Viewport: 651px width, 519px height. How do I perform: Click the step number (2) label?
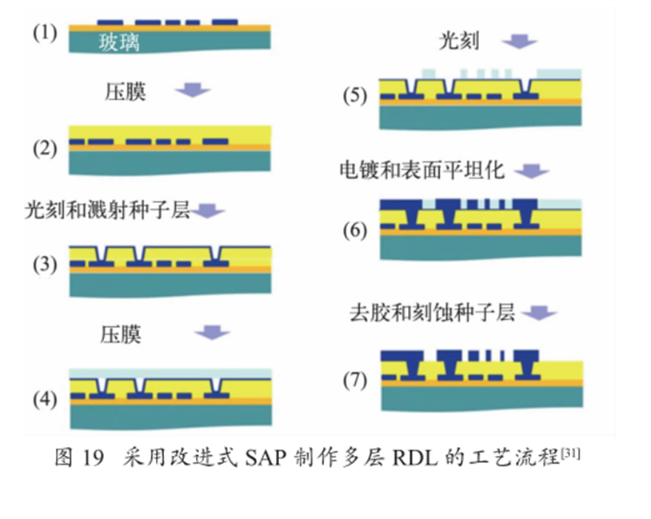[45, 148]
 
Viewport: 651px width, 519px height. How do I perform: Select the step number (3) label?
[45, 264]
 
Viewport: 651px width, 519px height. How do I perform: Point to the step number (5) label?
[354, 96]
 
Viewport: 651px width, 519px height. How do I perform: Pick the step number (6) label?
[354, 231]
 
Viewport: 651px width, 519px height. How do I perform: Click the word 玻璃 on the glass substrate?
[119, 43]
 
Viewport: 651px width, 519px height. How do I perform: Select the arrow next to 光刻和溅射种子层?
[210, 211]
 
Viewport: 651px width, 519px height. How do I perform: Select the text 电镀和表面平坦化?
[421, 170]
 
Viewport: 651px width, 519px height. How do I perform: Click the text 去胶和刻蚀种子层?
[432, 313]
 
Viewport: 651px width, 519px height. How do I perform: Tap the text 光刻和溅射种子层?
[107, 211]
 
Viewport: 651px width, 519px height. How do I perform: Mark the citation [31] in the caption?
[570, 453]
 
